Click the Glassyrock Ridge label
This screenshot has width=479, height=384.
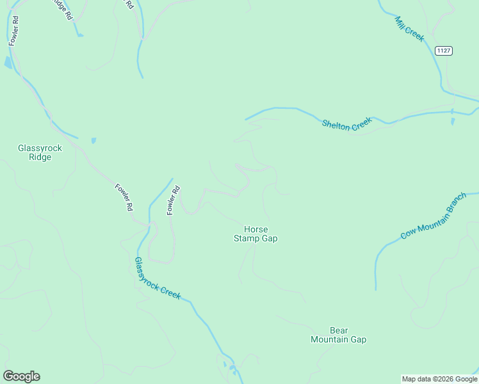(x=40, y=152)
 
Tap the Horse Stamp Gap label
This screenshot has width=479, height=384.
(x=256, y=234)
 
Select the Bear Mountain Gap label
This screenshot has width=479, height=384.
(x=338, y=335)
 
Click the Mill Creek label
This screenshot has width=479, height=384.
(x=410, y=29)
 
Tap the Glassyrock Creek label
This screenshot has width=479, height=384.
(x=158, y=278)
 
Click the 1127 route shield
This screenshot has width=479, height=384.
(x=443, y=51)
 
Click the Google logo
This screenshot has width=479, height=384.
(x=21, y=376)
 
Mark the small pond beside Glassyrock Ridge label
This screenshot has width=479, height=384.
(x=94, y=140)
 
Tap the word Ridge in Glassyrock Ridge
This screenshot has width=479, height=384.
(x=40, y=157)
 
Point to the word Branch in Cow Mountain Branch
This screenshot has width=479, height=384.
(x=457, y=204)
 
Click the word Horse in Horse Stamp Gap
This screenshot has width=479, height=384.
(x=256, y=229)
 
